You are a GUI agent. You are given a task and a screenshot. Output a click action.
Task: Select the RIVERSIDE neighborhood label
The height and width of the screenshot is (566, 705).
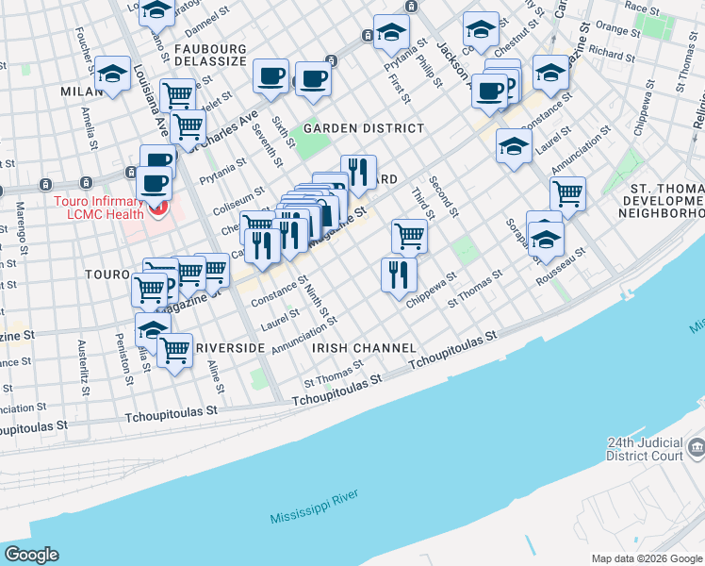(x=230, y=348)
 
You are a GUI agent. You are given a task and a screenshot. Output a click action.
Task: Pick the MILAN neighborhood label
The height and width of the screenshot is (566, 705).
(x=80, y=92)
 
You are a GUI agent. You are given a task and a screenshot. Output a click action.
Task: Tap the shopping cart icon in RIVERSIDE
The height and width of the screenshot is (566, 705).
(x=175, y=351)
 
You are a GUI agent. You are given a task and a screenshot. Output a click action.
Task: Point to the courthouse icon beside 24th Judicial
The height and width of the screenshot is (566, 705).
(x=697, y=444)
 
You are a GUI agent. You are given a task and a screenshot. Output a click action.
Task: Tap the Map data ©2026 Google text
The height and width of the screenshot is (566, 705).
(x=647, y=558)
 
